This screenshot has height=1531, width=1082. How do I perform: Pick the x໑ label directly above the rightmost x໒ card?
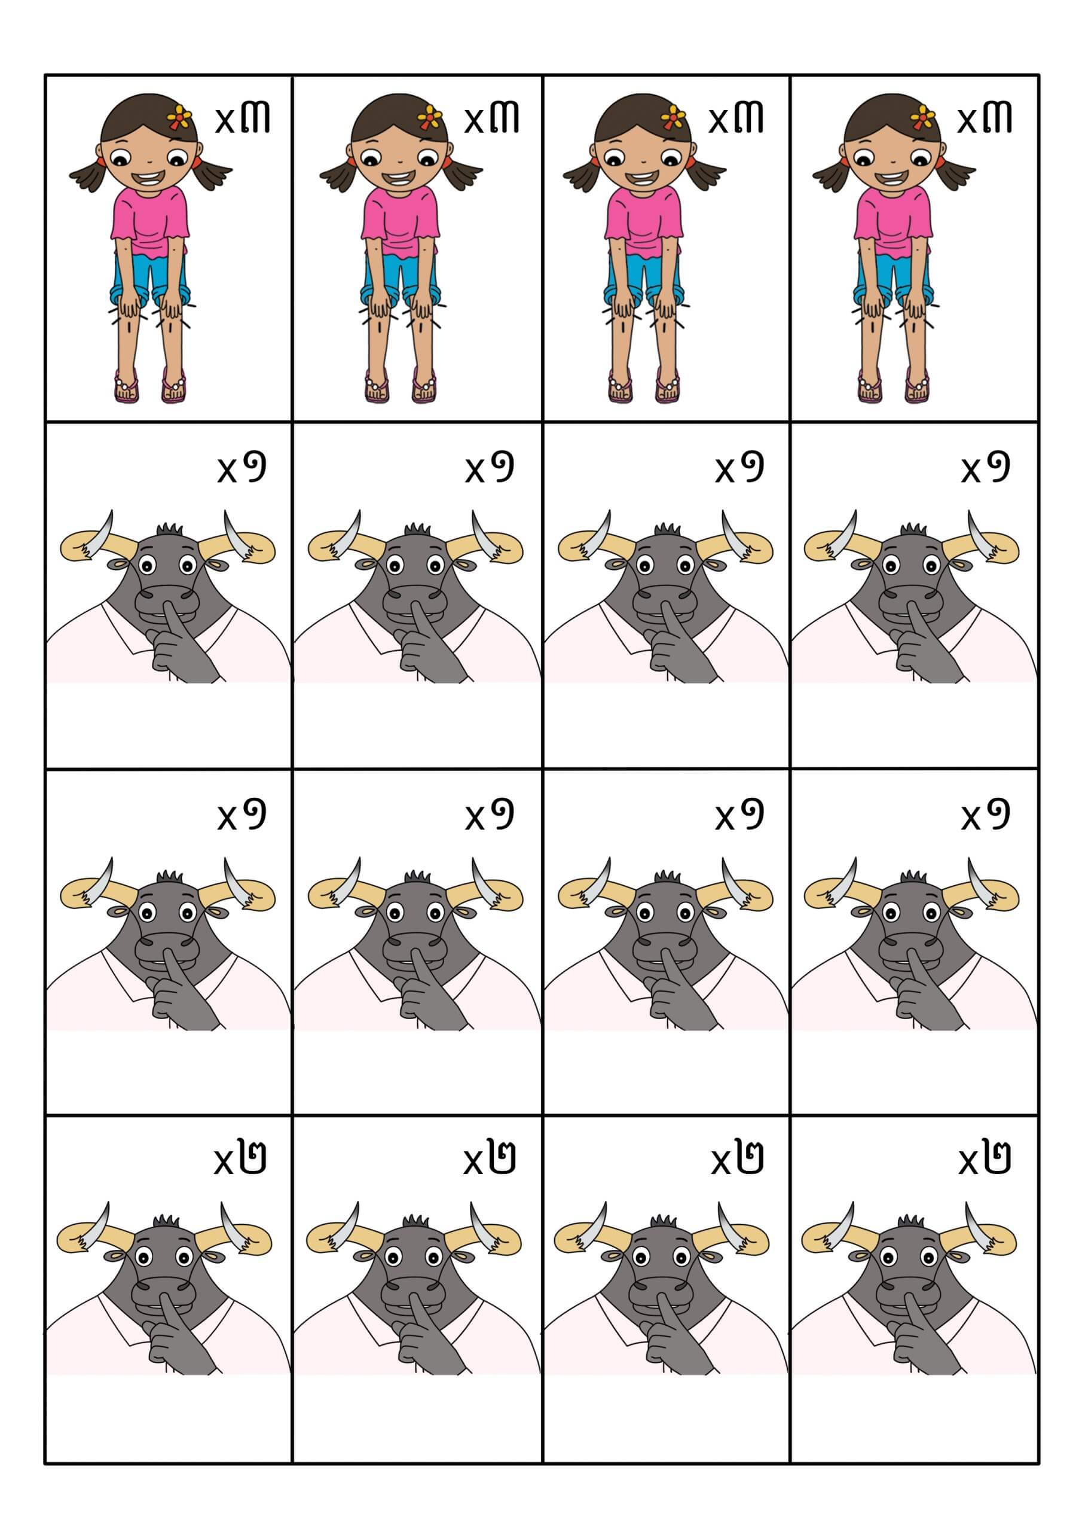point(985,813)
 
